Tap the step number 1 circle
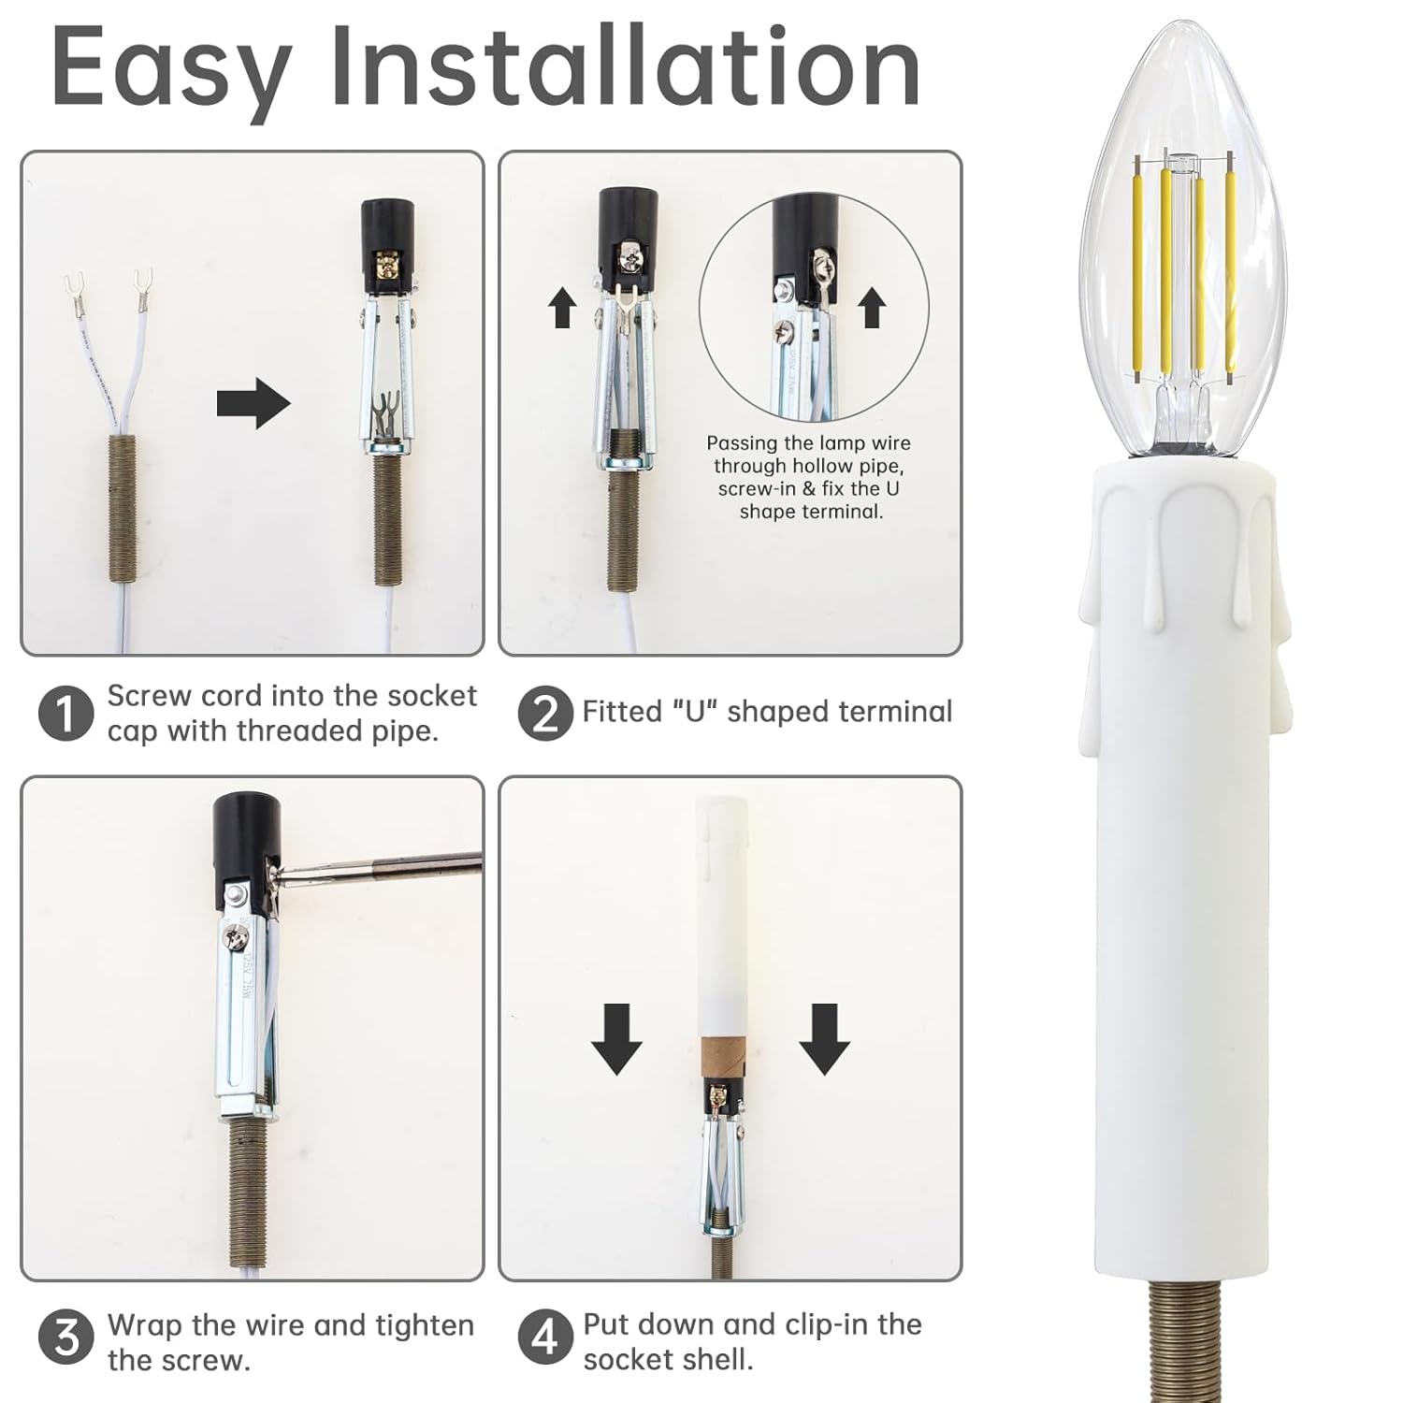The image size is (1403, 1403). coord(65,714)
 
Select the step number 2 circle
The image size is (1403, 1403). coord(544,714)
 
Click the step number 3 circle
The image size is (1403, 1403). coord(65,1338)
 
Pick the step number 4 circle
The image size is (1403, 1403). coord(544,1338)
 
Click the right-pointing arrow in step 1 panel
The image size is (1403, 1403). coord(253,404)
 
